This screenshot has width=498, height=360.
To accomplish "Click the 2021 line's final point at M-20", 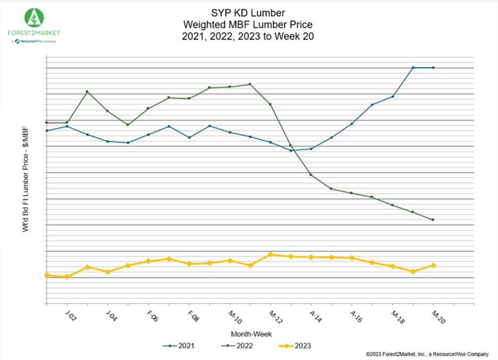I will click(434, 68).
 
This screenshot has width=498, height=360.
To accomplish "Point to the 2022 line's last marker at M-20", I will click(434, 220).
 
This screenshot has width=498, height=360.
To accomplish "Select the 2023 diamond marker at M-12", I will click(270, 255).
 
